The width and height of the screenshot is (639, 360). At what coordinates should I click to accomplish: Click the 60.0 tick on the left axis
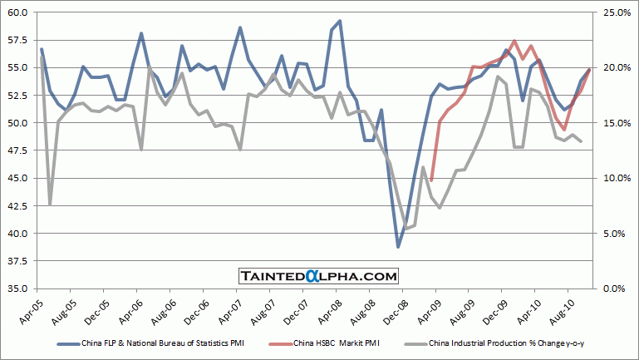click(x=18, y=12)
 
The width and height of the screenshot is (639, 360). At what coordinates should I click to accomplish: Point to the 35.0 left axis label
click(x=18, y=288)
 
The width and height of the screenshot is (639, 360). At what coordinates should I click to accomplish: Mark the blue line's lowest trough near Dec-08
click(x=398, y=247)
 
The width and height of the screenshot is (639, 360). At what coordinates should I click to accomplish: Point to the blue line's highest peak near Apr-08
click(x=340, y=21)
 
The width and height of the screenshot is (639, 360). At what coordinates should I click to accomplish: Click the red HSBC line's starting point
click(x=431, y=180)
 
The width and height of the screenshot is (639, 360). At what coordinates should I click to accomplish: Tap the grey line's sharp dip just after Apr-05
click(x=50, y=205)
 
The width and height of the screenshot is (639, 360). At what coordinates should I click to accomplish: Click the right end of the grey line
click(x=581, y=141)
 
